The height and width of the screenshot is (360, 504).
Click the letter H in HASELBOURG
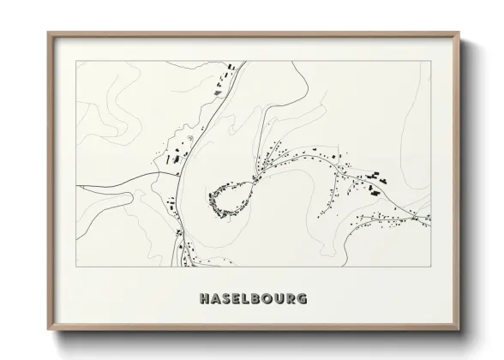203,299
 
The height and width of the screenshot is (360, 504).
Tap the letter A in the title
215,299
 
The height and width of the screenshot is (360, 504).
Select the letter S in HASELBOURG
226,299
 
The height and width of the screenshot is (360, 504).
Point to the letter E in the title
237,299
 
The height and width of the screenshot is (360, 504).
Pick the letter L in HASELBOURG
247,299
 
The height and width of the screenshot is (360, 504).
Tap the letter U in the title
281,299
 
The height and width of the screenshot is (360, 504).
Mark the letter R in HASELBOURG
293,299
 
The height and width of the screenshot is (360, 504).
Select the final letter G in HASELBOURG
305,299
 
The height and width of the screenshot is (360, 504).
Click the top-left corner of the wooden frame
48,33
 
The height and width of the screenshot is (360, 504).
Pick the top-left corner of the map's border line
77,61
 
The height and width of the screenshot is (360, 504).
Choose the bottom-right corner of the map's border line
430,267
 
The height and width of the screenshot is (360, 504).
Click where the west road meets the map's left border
77,184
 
